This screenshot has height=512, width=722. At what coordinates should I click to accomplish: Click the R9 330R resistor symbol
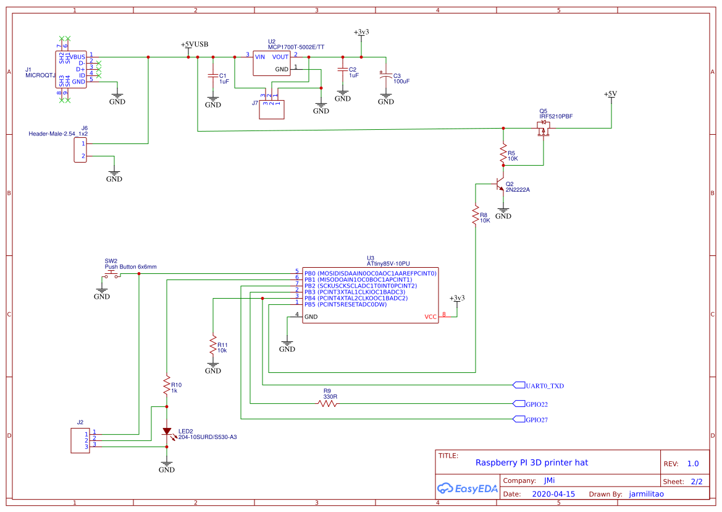tap(328, 403)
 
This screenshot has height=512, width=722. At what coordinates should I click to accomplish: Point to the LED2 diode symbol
tap(167, 431)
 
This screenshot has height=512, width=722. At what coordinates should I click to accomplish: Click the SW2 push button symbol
tap(112, 274)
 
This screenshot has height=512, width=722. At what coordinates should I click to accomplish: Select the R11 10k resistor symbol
tap(213, 345)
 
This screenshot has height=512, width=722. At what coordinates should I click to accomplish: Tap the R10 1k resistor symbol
tap(167, 386)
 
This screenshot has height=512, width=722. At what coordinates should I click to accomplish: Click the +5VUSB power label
tap(194, 45)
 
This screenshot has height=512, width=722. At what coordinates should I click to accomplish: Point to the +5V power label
tap(610, 94)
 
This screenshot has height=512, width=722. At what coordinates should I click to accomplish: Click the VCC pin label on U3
tap(430, 317)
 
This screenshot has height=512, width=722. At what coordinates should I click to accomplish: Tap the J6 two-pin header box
tap(80, 150)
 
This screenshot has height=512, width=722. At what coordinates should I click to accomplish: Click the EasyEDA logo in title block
tap(467, 489)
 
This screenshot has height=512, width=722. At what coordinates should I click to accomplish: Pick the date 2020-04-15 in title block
tap(553, 494)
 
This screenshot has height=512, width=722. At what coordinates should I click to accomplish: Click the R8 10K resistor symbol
tap(476, 216)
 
